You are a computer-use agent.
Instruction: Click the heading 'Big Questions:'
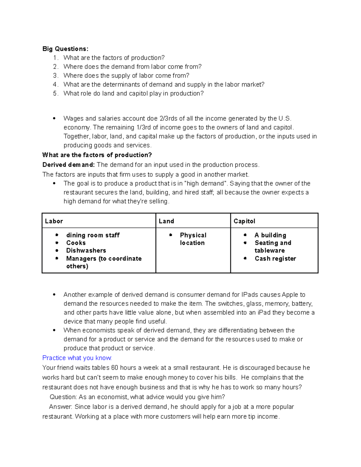[65, 49]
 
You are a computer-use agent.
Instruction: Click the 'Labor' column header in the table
[54, 221]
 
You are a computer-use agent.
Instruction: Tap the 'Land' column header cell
[166, 221]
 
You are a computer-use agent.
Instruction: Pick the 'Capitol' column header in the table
[244, 221]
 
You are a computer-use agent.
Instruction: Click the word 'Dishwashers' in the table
[86, 250]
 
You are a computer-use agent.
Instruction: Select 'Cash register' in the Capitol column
[275, 259]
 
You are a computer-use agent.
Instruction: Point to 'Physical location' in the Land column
[193, 239]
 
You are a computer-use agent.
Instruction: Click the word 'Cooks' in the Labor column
[76, 243]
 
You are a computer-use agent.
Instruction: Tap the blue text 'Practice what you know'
[77, 358]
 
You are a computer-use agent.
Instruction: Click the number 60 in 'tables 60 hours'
[115, 368]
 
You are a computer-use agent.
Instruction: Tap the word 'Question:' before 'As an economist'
[63, 397]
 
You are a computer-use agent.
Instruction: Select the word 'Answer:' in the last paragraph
[60, 407]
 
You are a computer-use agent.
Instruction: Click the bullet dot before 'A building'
[245, 235]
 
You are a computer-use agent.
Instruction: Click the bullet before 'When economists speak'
[54, 330]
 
